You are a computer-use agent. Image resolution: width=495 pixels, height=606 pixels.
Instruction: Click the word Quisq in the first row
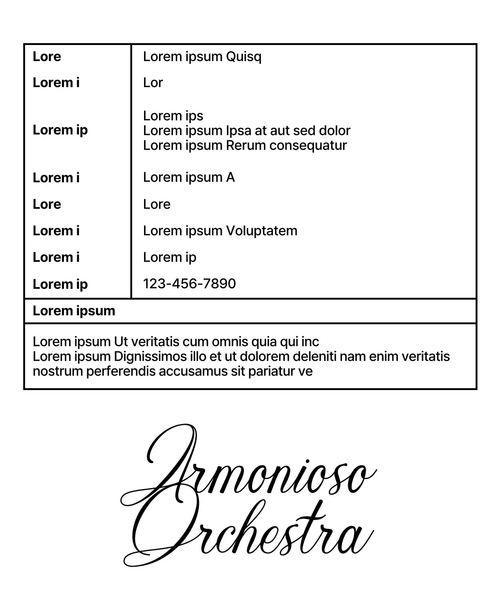pyautogui.click(x=243, y=57)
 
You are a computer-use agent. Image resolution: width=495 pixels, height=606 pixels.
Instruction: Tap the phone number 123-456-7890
pyautogui.click(x=189, y=284)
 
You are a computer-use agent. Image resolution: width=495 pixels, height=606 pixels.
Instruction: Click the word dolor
pyautogui.click(x=334, y=131)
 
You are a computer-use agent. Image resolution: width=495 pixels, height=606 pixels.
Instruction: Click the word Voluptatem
pyautogui.click(x=261, y=231)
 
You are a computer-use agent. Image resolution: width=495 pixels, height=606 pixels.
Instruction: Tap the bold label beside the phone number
pyautogui.click(x=60, y=284)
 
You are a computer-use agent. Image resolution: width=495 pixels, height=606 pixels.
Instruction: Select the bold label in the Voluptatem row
pyautogui.click(x=56, y=231)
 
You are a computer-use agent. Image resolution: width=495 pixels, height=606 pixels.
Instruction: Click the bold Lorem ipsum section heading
pyautogui.click(x=74, y=311)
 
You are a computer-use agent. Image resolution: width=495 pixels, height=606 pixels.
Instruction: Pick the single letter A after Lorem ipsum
pyautogui.click(x=230, y=178)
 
